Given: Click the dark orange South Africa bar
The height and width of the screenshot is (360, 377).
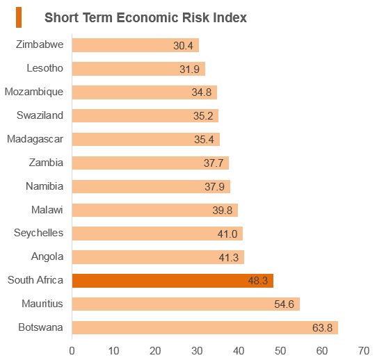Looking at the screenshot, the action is click(x=173, y=281).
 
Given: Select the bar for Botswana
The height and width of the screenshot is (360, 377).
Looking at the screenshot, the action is click(x=205, y=327).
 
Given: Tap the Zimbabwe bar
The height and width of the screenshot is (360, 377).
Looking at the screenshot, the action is click(x=136, y=45).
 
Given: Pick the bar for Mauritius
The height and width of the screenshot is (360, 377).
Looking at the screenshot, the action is click(x=186, y=304).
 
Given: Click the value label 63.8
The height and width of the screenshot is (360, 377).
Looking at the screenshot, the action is click(x=322, y=328).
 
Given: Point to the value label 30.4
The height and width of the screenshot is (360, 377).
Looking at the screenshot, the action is click(x=183, y=46).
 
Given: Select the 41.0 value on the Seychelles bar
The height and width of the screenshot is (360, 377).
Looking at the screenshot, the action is click(x=227, y=234).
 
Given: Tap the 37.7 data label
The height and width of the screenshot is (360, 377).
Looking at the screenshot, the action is click(x=214, y=163).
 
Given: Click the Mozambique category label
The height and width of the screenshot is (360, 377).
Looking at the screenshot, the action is click(x=34, y=92).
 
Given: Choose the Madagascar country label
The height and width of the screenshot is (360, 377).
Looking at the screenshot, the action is click(x=35, y=139).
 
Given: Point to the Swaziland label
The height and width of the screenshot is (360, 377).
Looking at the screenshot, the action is click(x=40, y=115).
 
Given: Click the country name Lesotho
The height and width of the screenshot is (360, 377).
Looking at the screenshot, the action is click(x=45, y=68).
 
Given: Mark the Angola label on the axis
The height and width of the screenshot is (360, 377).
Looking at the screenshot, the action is click(x=47, y=256).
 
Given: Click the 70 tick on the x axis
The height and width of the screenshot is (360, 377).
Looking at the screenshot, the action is click(x=364, y=351).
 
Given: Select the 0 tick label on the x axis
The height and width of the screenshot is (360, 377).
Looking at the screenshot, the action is click(x=72, y=351).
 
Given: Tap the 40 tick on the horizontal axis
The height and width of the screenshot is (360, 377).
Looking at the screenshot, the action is click(x=239, y=351).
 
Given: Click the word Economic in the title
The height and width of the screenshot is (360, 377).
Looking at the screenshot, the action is click(x=147, y=18).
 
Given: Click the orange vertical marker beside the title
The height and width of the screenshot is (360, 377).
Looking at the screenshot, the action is click(x=19, y=17).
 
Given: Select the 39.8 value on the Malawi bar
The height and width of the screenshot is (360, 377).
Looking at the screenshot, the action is click(x=223, y=211).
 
